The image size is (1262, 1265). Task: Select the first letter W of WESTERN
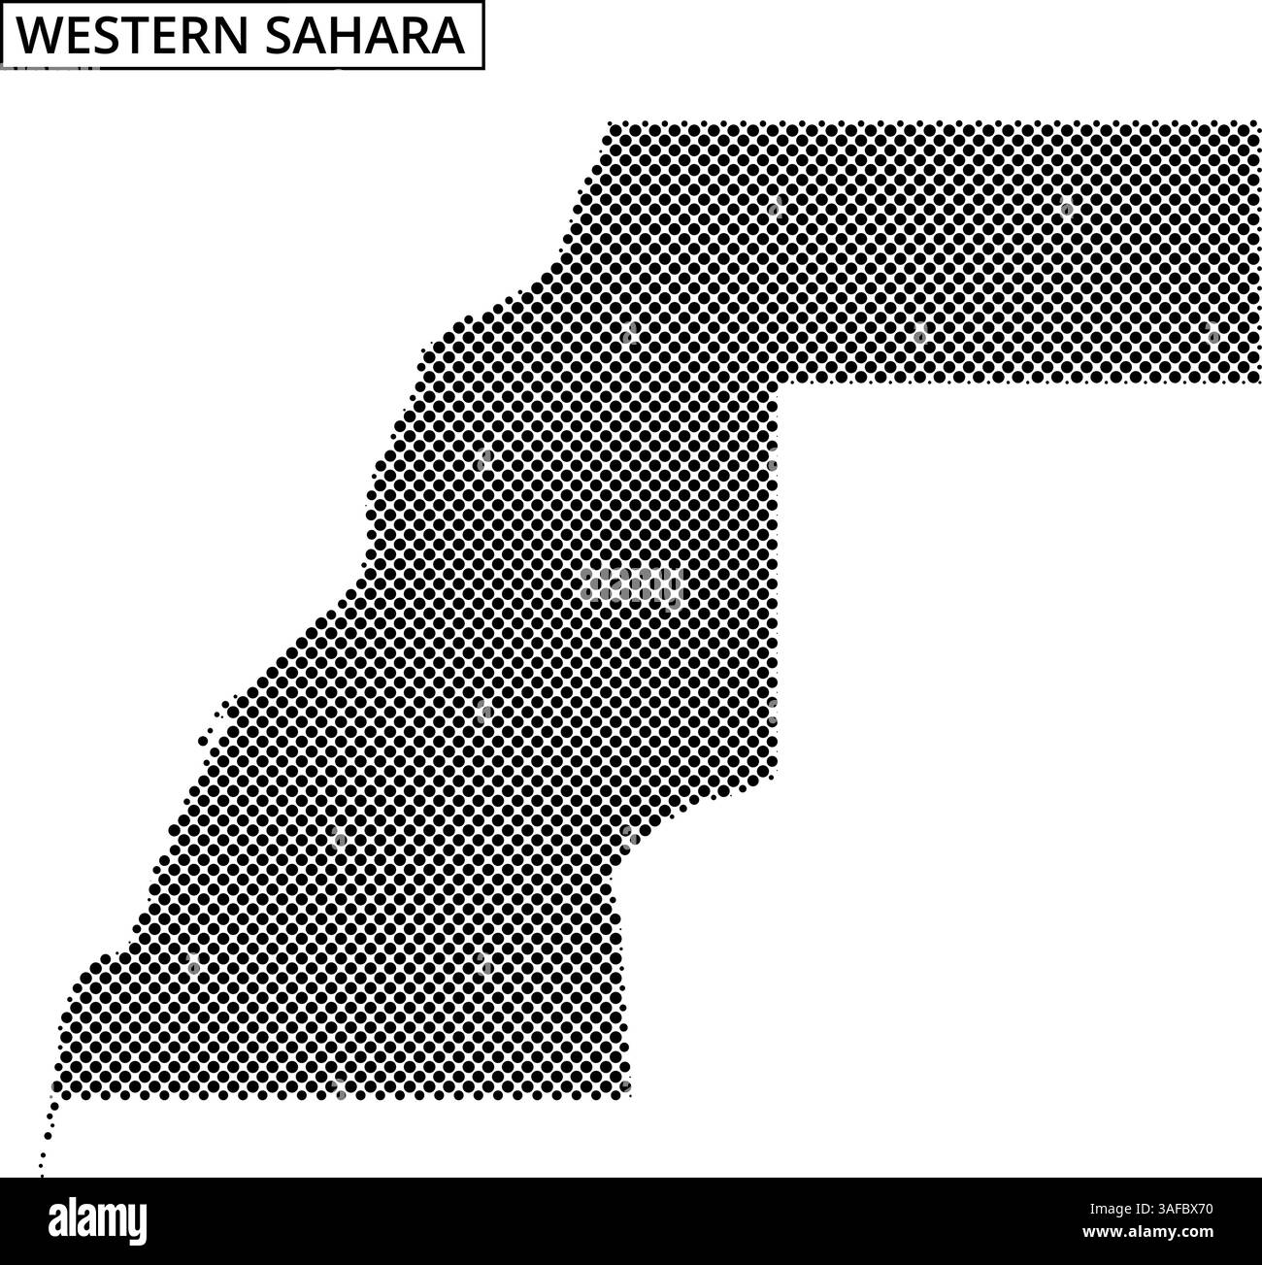37,37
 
